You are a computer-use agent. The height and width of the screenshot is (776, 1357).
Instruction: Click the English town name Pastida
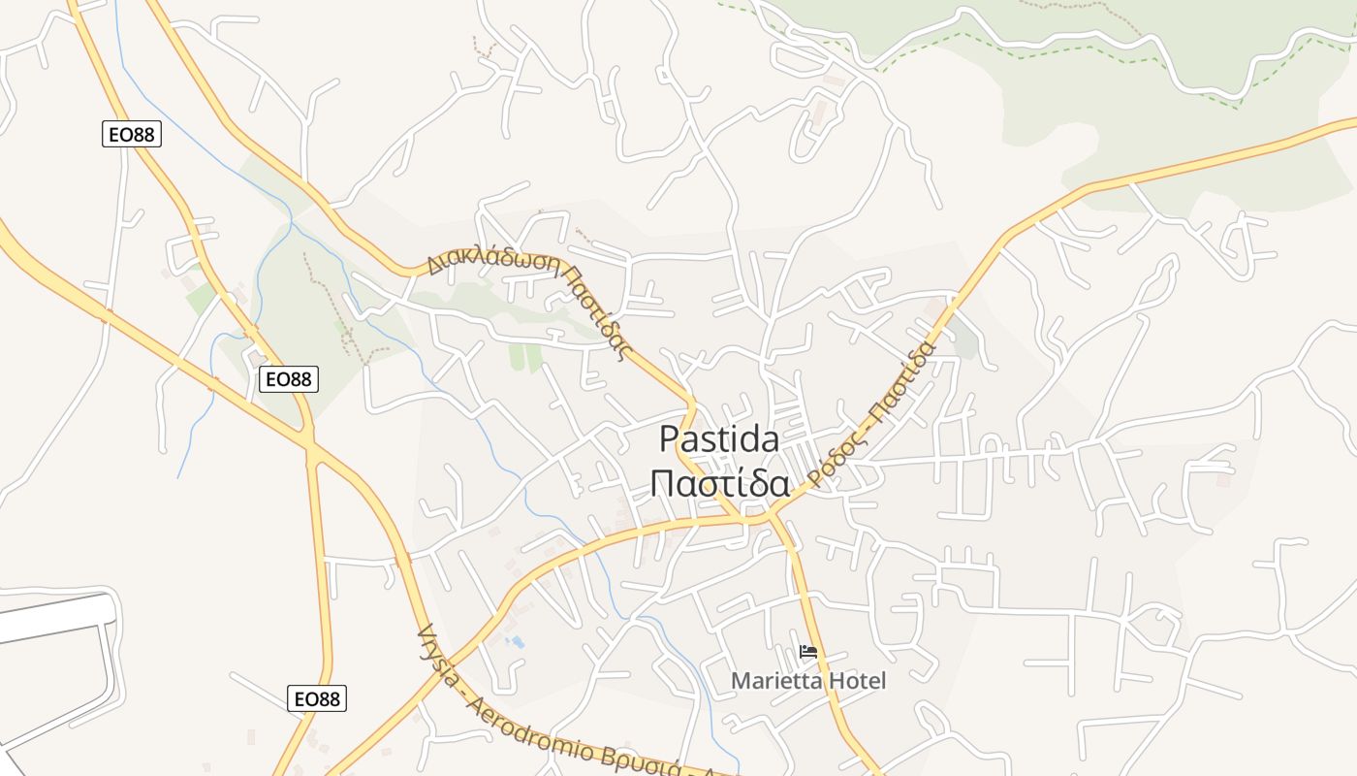[x=719, y=439]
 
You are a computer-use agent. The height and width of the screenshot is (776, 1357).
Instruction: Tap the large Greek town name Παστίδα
[x=719, y=482]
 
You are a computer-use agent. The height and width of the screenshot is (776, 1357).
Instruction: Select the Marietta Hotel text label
[x=808, y=681]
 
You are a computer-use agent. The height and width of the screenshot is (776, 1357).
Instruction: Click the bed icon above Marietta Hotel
[x=808, y=653]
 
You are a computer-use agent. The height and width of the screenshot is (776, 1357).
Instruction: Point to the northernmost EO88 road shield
[x=132, y=135]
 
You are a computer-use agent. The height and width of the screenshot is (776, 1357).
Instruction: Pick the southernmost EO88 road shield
[x=317, y=697]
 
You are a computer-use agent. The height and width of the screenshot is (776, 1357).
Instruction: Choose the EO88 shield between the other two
[x=289, y=379]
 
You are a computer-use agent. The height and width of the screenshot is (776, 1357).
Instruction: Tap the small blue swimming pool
[x=517, y=642]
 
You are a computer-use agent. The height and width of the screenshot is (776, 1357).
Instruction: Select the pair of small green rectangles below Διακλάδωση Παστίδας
[x=526, y=358]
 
